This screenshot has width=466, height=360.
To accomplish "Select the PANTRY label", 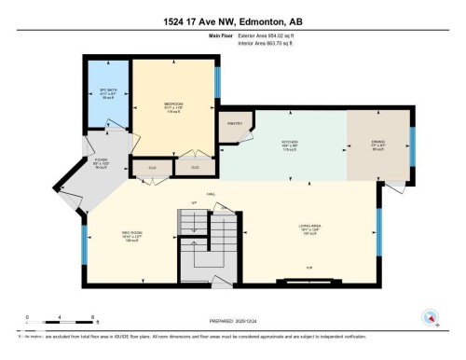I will tap(234, 123).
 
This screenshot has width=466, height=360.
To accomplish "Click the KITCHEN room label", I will tap(292, 144).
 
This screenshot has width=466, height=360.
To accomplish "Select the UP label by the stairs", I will tap(194, 203).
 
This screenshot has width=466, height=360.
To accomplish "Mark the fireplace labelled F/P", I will tap(308, 268).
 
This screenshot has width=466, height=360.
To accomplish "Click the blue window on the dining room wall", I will tap(413, 145).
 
